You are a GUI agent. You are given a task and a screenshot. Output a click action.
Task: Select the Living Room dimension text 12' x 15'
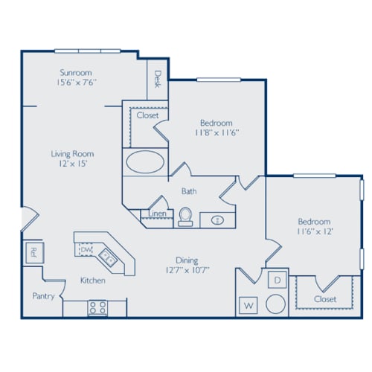pyautogui.click(x=72, y=166)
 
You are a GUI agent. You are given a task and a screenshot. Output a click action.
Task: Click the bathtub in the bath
pyautogui.click(x=141, y=161)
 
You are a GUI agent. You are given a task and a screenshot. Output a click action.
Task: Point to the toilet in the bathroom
pyautogui.click(x=185, y=217)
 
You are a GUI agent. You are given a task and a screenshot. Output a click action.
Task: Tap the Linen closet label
pyautogui.click(x=157, y=214)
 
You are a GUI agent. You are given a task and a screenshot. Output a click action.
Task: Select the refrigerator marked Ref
pyautogui.click(x=33, y=251)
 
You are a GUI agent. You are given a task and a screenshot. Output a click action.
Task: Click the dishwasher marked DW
pyautogui.click(x=86, y=250)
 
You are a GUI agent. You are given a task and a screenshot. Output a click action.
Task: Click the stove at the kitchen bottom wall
pyautogui.click(x=97, y=306)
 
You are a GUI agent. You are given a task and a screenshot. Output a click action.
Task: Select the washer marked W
pyautogui.click(x=247, y=305)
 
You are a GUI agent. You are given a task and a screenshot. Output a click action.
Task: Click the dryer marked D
pyautogui.click(x=275, y=280)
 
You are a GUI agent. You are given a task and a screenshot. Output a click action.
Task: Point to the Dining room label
pyautogui.click(x=186, y=260)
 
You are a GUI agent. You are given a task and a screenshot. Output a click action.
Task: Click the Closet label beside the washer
pyautogui.click(x=324, y=298)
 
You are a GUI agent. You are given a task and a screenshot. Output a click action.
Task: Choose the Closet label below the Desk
pyautogui.click(x=147, y=115)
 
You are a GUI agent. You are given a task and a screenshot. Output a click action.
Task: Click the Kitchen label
pyautogui.click(x=92, y=280)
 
